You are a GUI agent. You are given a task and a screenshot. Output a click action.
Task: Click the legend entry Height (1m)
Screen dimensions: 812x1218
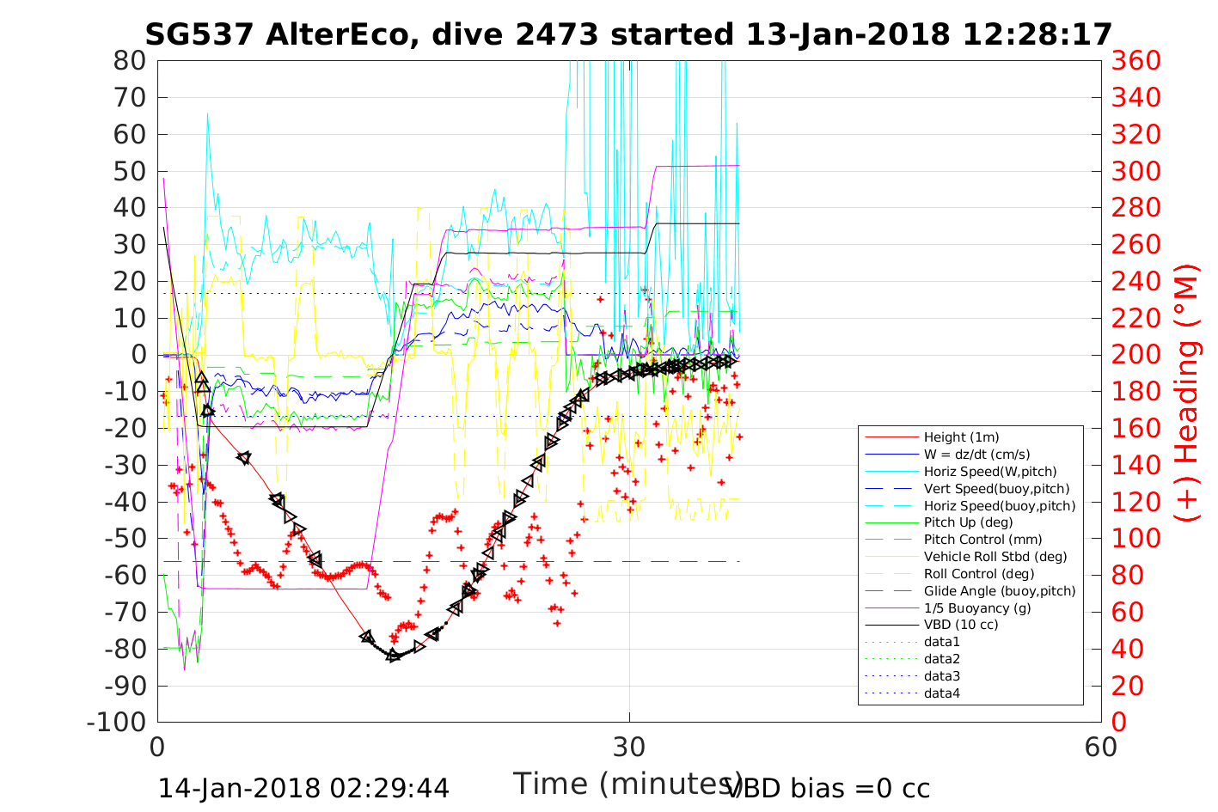tap(961, 437)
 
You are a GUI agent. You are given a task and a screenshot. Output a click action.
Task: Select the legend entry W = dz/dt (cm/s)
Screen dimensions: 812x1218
tap(976, 455)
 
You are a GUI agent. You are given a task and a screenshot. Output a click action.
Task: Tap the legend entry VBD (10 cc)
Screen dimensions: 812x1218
tap(961, 625)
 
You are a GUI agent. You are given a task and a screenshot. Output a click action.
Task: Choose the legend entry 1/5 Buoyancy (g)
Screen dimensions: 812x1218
tap(977, 607)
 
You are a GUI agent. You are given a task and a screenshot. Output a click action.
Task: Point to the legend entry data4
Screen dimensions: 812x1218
tap(941, 693)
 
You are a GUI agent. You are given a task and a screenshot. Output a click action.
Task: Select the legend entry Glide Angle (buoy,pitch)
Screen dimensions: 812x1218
tap(1000, 591)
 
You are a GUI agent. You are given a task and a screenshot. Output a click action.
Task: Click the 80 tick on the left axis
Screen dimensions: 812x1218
tap(130, 61)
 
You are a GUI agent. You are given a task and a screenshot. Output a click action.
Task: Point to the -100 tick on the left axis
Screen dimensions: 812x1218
tap(121, 722)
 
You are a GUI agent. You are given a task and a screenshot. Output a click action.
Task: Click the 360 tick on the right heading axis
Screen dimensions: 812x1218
tap(1135, 61)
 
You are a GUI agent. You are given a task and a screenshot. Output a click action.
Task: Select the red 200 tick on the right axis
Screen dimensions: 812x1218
tap(1135, 355)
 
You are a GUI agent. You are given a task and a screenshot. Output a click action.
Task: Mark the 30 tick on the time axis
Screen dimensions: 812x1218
tap(629, 747)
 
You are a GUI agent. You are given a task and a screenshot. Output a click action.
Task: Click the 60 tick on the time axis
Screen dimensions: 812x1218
tap(1101, 747)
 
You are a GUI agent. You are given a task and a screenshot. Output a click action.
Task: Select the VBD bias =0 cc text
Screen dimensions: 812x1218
tap(828, 788)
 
